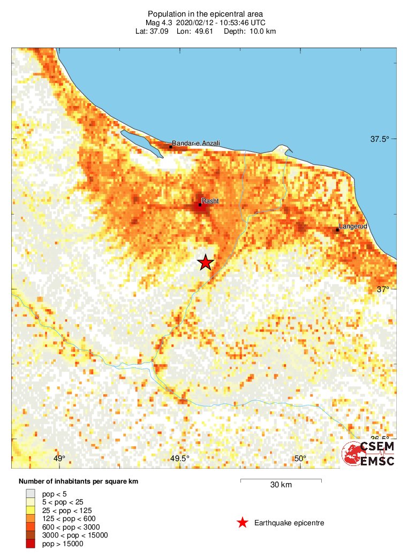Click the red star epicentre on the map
[x=206, y=262]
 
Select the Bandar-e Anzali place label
[x=196, y=143]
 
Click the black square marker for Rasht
[x=200, y=205]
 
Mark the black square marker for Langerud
[x=337, y=230]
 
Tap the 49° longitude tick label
[x=59, y=458]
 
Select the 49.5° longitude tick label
[x=180, y=458]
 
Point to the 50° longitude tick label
[x=300, y=458]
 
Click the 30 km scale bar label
[x=281, y=485]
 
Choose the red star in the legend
[x=243, y=523]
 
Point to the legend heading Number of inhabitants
[x=78, y=482]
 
